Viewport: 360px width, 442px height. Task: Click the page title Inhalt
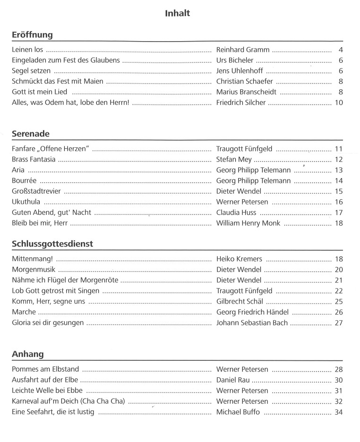tap(177, 13)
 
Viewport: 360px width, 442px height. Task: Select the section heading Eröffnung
tap(32, 35)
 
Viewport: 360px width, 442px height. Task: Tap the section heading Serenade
tap(30, 134)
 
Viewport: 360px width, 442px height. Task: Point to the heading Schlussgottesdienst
tap(52, 244)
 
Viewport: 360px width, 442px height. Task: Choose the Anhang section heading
tap(27, 354)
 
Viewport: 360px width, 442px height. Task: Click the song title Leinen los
tap(27, 50)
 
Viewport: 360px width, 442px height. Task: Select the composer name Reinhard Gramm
tap(242, 50)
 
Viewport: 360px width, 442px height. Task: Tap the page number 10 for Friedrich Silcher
tap(338, 102)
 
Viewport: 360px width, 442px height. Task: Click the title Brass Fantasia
tap(34, 160)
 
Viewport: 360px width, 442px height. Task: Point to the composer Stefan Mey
tap(234, 160)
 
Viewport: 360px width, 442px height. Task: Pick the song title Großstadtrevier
tap(36, 191)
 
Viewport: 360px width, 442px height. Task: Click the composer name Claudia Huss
tap(236, 212)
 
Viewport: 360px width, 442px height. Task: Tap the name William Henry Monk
tap(248, 223)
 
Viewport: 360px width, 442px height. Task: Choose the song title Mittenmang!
tap(32, 259)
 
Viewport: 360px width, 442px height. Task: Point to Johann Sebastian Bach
tap(252, 323)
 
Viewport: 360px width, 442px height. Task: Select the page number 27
tap(338, 323)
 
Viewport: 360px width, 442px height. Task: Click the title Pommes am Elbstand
tap(45, 369)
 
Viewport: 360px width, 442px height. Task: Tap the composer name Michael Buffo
tap(238, 412)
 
